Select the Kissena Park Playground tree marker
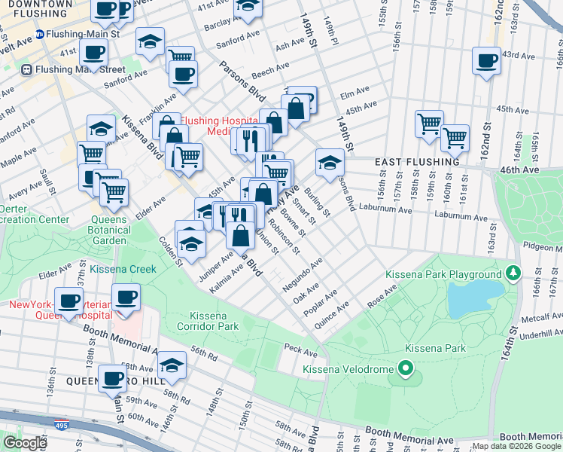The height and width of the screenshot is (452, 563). click(515, 272)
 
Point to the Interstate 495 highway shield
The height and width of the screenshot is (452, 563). click(60, 427)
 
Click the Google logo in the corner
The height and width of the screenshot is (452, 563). click(24, 443)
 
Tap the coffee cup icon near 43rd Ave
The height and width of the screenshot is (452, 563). click(486, 60)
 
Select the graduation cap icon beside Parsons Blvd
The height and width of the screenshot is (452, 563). click(329, 162)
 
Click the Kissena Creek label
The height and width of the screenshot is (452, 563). click(123, 269)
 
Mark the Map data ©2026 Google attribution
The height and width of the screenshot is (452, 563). click(516, 446)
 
